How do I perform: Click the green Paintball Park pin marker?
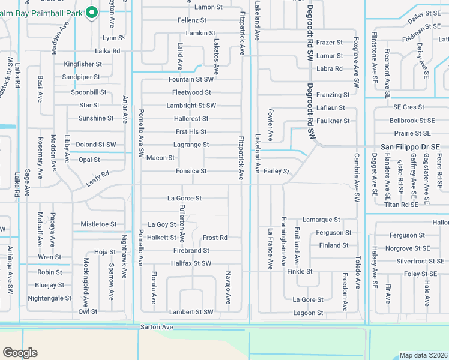point(92,11)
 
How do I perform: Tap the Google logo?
point(20,353)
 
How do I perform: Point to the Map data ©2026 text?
point(423,355)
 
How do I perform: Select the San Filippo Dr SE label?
point(411,147)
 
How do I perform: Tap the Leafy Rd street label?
point(97,179)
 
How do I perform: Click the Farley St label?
point(276,171)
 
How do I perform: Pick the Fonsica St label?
point(191,171)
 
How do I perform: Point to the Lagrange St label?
point(191,145)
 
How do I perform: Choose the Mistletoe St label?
point(98,224)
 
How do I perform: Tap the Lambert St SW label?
point(191,312)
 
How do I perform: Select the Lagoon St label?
point(308,313)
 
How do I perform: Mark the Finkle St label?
point(300,272)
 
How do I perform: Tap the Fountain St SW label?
point(191,79)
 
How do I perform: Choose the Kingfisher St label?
point(83,64)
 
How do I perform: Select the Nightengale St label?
point(50,298)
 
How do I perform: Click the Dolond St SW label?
point(95,145)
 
